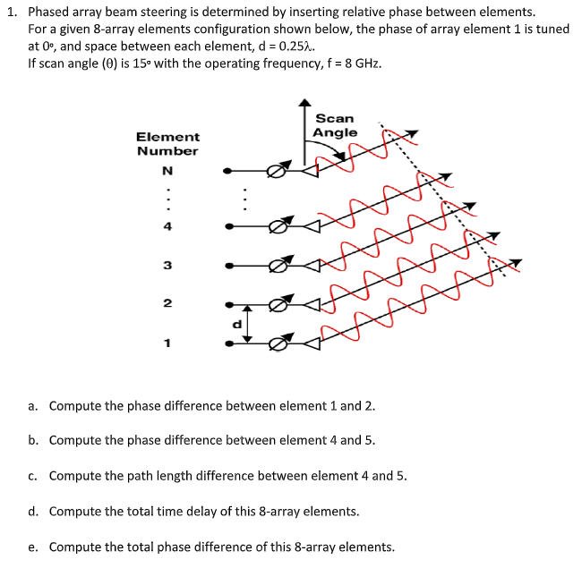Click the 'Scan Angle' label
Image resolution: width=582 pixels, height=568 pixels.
click(x=335, y=125)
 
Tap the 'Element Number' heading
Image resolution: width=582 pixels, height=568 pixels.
click(x=167, y=143)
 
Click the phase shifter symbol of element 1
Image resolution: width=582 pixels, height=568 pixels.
click(x=278, y=343)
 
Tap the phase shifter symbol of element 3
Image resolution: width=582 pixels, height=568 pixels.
click(x=278, y=265)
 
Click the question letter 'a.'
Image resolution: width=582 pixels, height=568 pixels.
click(x=33, y=406)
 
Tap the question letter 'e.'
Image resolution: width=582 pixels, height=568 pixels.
click(x=33, y=547)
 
